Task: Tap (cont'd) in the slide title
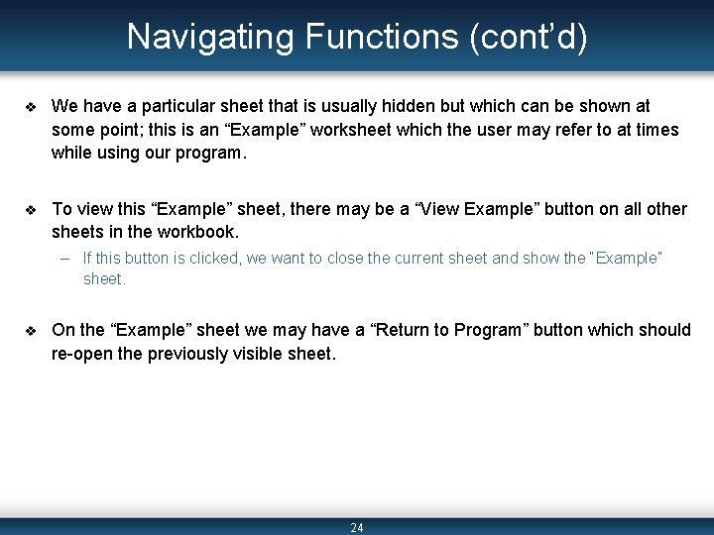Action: tap(528, 38)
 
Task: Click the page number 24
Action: tap(357, 528)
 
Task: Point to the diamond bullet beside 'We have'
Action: tap(31, 106)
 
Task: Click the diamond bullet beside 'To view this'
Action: tap(31, 210)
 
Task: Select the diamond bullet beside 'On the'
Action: tap(31, 331)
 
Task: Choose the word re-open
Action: tap(82, 355)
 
